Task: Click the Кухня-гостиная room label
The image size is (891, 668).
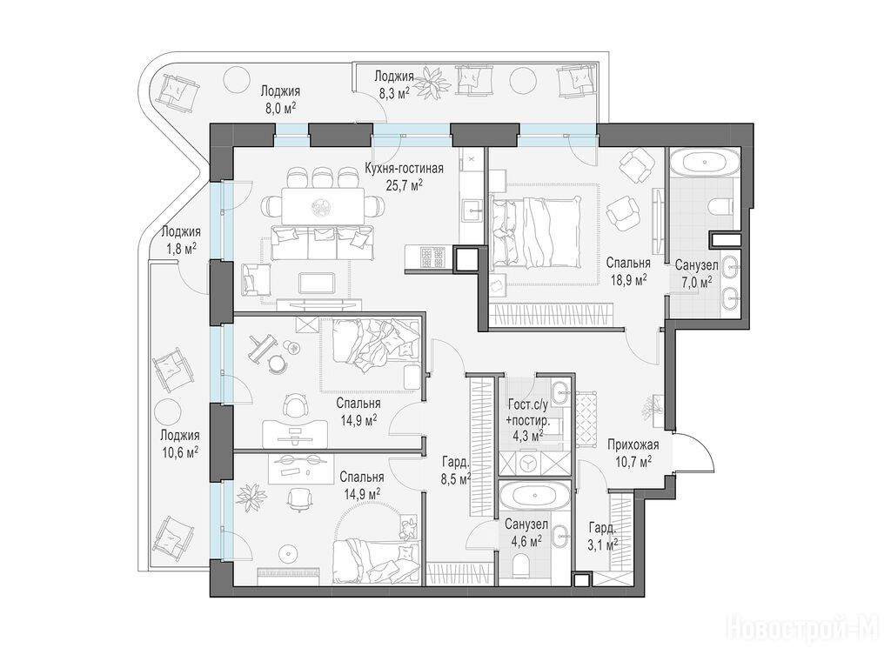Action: tap(404, 169)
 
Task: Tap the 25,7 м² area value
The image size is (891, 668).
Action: tap(404, 185)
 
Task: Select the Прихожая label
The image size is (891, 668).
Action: tap(633, 444)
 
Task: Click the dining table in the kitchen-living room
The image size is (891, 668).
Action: tap(323, 206)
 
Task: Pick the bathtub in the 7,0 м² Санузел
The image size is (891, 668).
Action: tap(703, 163)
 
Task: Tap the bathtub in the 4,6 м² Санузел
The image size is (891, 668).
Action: tap(534, 496)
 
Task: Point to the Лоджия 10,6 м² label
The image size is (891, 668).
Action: tap(179, 444)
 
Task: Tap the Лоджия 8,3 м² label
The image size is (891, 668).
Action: tap(392, 84)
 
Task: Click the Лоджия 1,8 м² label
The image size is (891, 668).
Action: tap(180, 240)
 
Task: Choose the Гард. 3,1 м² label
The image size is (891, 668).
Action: tap(602, 536)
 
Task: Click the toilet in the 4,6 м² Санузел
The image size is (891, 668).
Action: tap(521, 564)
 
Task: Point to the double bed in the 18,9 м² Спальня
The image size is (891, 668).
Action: tap(535, 232)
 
